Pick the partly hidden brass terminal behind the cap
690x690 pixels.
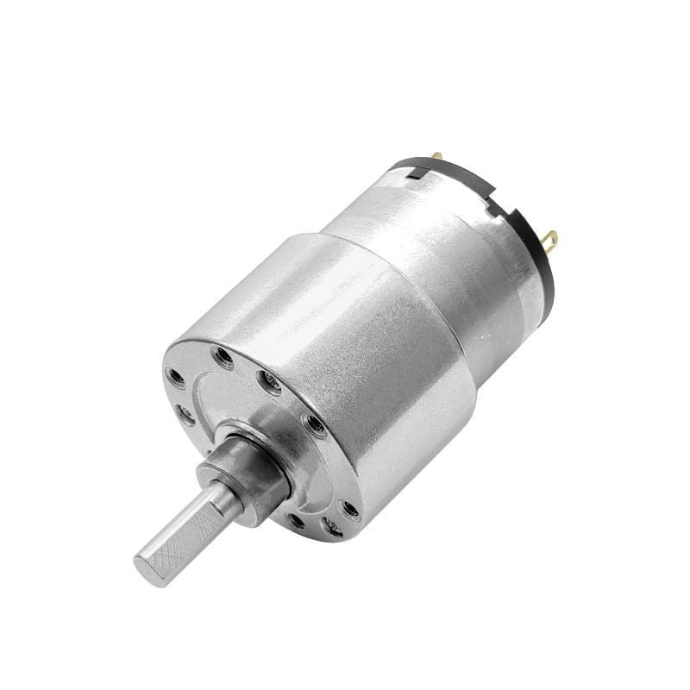[437, 157]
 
